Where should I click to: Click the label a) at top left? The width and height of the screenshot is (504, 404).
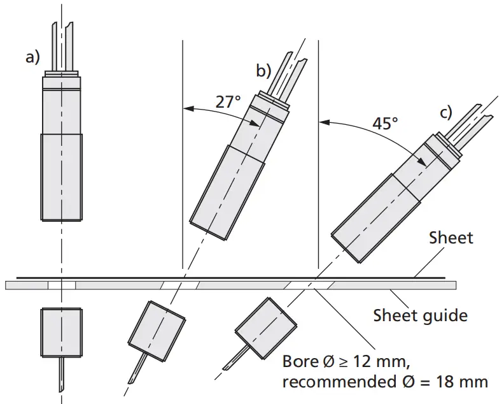click(x=32, y=57)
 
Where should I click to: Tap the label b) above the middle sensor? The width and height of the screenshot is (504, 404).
click(x=263, y=70)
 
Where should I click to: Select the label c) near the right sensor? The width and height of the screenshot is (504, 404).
click(x=445, y=113)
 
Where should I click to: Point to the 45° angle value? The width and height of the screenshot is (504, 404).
click(x=385, y=123)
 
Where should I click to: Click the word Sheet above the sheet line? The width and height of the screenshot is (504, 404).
click(x=451, y=238)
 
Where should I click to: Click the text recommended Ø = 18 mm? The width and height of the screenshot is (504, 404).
click(x=385, y=382)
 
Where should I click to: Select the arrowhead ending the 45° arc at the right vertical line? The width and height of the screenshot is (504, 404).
click(x=322, y=121)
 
